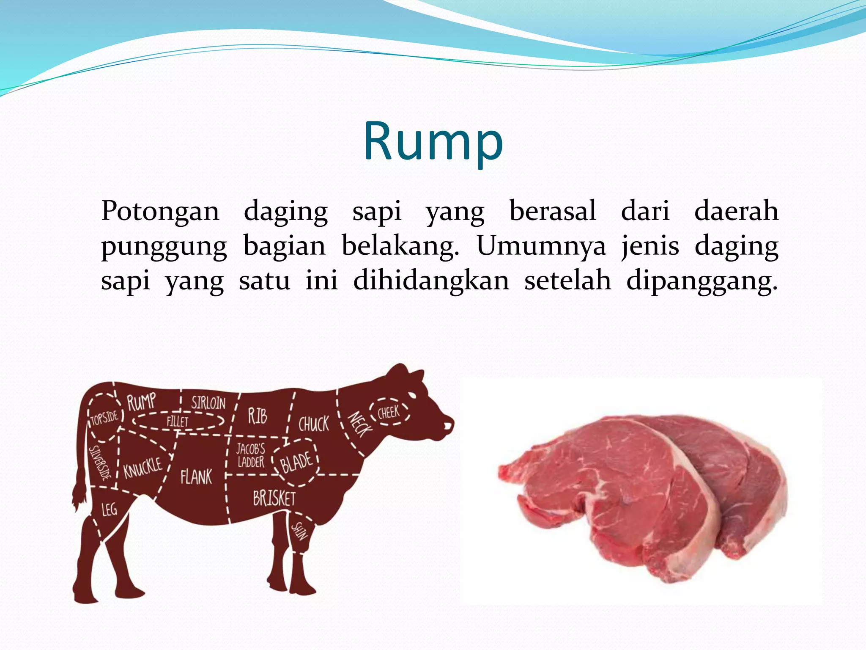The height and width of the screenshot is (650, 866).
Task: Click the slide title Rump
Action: [433, 141]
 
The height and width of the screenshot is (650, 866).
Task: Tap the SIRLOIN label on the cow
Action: [208, 403]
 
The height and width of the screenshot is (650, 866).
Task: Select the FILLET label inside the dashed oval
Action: [178, 421]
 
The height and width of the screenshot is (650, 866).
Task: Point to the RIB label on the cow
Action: [258, 416]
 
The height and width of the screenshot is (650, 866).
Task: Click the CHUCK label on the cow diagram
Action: [313, 424]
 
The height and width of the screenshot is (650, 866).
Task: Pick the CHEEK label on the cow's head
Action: [388, 412]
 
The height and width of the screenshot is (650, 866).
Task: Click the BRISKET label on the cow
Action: [274, 498]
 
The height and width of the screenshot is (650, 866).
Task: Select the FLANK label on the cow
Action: [196, 477]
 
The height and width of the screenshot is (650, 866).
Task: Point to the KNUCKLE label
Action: [143, 467]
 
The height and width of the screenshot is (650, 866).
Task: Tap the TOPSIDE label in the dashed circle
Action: [104, 419]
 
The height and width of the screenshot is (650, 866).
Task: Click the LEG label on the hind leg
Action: [109, 509]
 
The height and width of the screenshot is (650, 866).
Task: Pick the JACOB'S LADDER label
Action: [250, 455]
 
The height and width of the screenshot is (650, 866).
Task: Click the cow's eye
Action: [412, 395]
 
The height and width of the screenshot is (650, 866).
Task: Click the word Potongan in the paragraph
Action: [160, 211]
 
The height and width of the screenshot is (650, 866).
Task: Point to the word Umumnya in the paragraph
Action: [542, 246]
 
